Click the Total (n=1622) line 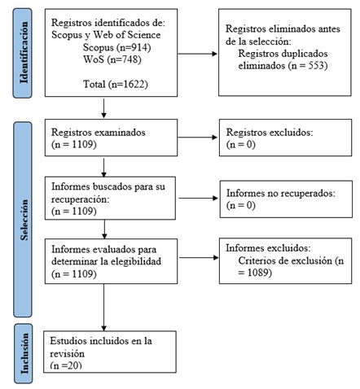coord(116,83)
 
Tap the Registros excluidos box coord(283,138)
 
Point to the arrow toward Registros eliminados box coord(198,55)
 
